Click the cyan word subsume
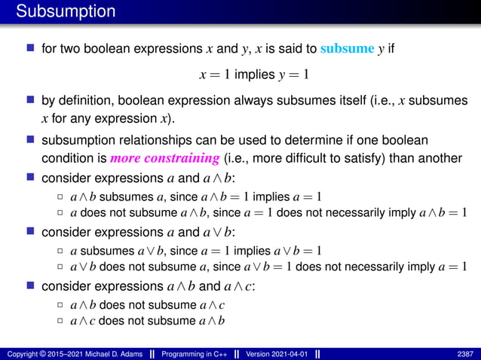tap(348, 50)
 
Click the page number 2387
tap(466, 354)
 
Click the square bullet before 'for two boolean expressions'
tap(30, 50)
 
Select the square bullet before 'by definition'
tap(30, 101)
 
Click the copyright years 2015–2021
tap(60, 354)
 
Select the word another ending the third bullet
tap(438, 159)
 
